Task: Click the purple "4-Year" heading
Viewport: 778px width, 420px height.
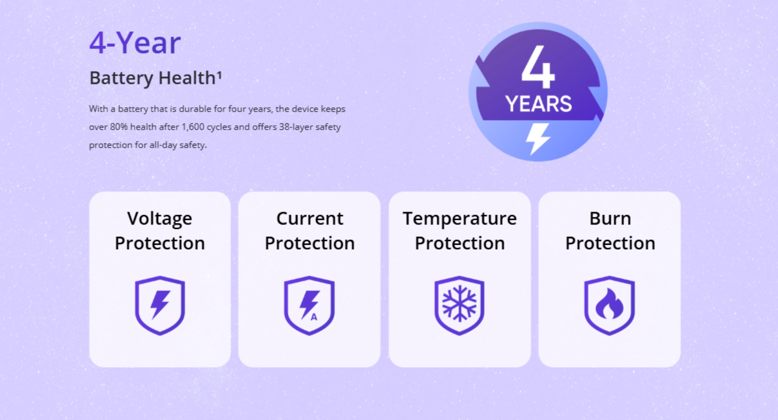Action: (135, 42)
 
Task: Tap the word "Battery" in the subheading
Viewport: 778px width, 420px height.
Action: (121, 78)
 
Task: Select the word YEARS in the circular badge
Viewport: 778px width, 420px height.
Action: (538, 104)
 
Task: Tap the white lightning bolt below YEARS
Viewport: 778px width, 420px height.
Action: (538, 139)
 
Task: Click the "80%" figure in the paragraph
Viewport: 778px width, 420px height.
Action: (119, 127)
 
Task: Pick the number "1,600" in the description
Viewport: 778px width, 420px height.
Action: (193, 127)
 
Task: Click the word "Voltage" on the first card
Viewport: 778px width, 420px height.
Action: (160, 219)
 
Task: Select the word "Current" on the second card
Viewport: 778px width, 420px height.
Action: (310, 219)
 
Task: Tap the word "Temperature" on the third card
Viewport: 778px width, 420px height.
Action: (460, 219)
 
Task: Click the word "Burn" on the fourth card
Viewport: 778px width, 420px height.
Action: (610, 219)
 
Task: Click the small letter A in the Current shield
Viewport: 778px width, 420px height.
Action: (314, 316)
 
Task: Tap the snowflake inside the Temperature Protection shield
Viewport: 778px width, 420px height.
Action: (460, 303)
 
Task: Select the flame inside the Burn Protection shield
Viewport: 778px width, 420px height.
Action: (610, 303)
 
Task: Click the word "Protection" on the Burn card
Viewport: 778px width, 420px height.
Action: (610, 243)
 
